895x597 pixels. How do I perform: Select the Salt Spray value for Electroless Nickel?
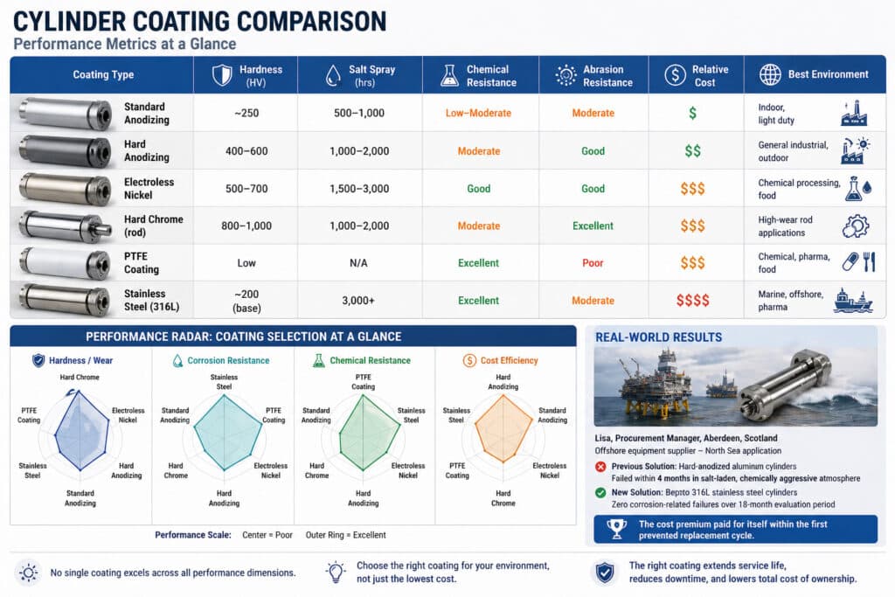[x=360, y=189]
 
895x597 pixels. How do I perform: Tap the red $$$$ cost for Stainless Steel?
[x=692, y=301]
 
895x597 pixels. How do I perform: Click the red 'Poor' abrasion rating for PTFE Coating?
[x=593, y=263]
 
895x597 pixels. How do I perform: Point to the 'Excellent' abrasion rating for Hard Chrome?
[x=593, y=226]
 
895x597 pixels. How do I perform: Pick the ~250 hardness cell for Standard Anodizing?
[x=245, y=114]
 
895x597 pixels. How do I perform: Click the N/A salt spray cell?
[x=360, y=263]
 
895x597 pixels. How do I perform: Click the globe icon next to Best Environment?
[x=769, y=75]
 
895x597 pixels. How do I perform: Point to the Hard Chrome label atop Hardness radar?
[x=80, y=378]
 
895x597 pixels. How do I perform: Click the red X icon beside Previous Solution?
[x=600, y=467]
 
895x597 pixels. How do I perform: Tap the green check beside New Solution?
[x=600, y=493]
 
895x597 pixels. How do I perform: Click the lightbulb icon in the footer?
[x=336, y=572]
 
